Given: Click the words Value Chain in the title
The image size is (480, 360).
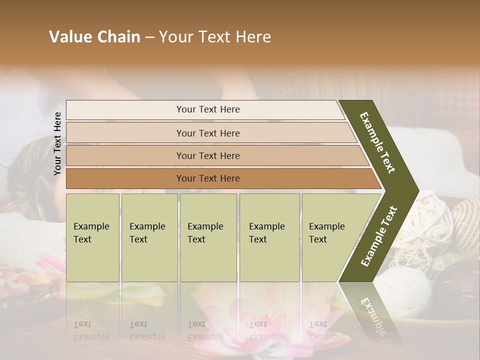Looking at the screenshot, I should [x=94, y=36].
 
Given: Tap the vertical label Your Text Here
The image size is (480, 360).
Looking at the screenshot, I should [x=58, y=143].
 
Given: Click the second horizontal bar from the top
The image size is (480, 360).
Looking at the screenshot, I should [x=208, y=133].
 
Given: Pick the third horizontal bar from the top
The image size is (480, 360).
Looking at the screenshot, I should [x=208, y=155].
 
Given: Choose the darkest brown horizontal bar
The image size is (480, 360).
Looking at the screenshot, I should [x=208, y=178].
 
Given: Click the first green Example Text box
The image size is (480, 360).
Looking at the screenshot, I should [x=92, y=237].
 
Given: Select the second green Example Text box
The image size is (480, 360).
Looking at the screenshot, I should [x=149, y=237].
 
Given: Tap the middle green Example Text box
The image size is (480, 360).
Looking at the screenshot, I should [x=208, y=237].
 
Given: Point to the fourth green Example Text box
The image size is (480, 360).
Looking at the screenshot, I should [x=269, y=237].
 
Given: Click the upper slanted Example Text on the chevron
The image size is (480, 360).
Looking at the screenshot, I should [x=378, y=142].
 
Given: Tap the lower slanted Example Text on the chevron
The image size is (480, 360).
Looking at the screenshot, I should [x=379, y=236].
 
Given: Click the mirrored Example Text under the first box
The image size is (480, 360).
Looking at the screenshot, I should [x=91, y=330].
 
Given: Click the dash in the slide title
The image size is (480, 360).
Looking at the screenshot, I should [x=149, y=37].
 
